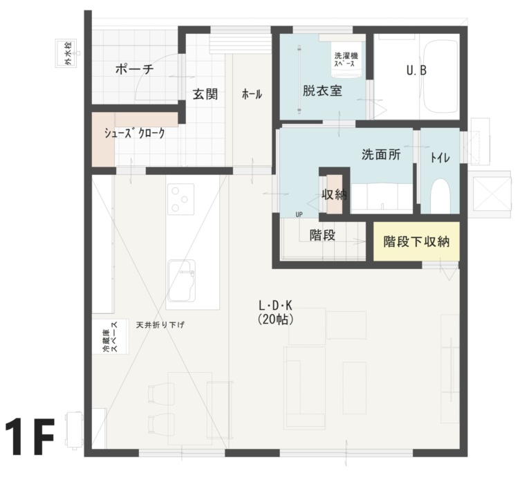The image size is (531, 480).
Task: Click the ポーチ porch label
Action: [134, 69]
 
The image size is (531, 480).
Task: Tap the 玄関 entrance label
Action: [205, 94]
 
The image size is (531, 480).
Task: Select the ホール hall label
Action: [252, 94]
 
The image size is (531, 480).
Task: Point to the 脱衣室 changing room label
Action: [322, 91]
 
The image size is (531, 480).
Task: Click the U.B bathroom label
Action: [416, 70]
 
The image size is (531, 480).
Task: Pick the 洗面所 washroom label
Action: [382, 154]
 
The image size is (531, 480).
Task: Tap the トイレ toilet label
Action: [440, 158]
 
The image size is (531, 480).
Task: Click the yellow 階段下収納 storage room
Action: [416, 241]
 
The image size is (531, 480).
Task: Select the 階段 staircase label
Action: [322, 234]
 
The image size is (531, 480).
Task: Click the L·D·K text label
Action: [275, 306]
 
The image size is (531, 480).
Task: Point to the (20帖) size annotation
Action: [275, 320]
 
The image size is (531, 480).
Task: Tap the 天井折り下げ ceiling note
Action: [160, 325]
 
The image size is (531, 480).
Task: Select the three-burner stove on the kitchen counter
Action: [180, 199]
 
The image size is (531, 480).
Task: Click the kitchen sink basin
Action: [182, 281]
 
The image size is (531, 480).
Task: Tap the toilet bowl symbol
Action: [440, 196]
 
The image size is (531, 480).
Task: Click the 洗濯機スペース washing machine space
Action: [346, 59]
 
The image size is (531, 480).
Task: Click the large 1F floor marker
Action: [30, 436]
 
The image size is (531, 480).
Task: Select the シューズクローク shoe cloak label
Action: [134, 133]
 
